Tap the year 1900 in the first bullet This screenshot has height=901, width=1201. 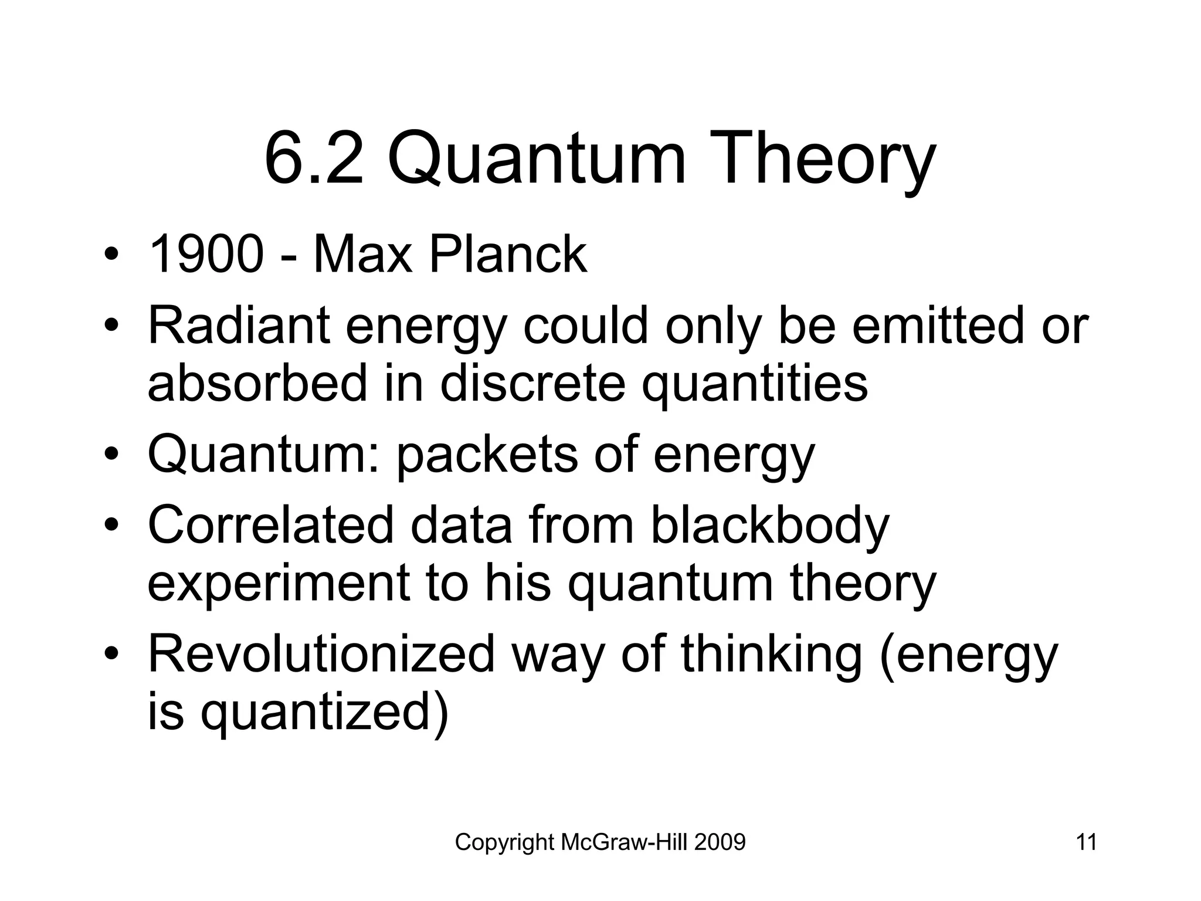coord(206,255)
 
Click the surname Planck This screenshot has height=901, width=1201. coord(508,255)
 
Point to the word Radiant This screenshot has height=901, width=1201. coord(238,326)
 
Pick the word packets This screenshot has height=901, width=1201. coord(487,455)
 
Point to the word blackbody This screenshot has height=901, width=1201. coord(769,525)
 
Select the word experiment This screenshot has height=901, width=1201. coord(279,584)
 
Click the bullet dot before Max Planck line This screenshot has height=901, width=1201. coord(112,256)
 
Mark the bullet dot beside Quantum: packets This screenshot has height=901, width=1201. coord(112,456)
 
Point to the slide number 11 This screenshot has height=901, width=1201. coord(1086,842)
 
